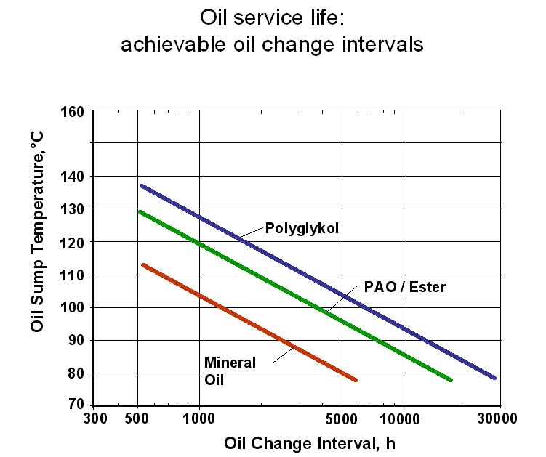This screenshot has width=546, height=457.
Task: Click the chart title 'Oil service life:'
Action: tap(272, 17)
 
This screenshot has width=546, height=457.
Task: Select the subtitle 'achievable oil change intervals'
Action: tap(272, 44)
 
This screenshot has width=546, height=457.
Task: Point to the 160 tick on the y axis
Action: tap(76, 112)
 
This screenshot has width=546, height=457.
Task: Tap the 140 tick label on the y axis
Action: tap(76, 177)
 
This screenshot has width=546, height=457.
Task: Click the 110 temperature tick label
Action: tap(76, 275)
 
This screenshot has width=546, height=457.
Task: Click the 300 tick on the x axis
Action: tap(95, 418)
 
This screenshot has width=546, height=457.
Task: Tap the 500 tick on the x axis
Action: tap(137, 418)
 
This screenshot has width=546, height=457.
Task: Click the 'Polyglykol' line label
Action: tap(302, 228)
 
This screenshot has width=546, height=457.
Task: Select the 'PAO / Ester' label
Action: tap(405, 287)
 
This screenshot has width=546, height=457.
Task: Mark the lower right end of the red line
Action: tap(355, 380)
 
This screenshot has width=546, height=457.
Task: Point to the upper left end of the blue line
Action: tap(142, 186)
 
